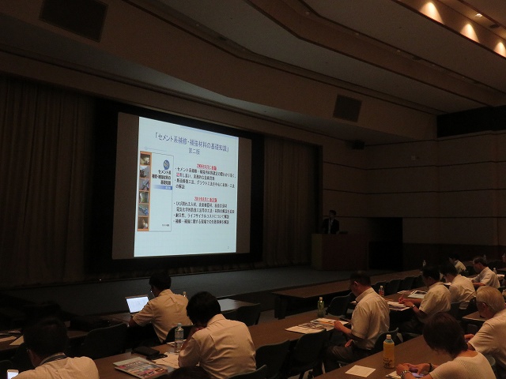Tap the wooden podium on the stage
332,251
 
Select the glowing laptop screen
137,304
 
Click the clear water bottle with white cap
179,336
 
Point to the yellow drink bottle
388,351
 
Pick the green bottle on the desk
320,306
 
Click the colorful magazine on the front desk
142,366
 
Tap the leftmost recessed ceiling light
432,10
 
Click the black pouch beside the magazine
148,352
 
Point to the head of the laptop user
160,282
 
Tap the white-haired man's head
490,299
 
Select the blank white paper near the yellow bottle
360,370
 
